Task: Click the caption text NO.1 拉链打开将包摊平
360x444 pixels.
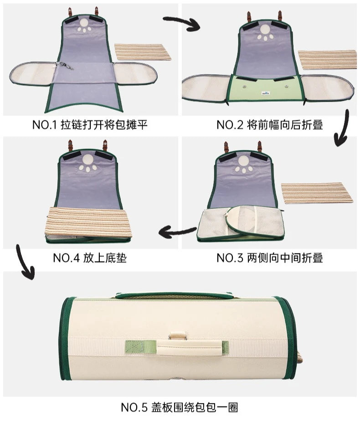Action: (90, 125)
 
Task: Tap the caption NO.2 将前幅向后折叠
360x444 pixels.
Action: (270, 125)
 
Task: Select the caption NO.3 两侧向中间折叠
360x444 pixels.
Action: (270, 258)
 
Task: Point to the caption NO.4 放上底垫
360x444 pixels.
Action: (90, 258)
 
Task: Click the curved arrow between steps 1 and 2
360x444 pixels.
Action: (182, 22)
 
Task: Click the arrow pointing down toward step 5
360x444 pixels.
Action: (25, 262)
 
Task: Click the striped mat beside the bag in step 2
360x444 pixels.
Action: (328, 60)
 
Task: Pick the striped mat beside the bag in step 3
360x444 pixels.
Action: (317, 192)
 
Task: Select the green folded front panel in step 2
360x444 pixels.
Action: (264, 89)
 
